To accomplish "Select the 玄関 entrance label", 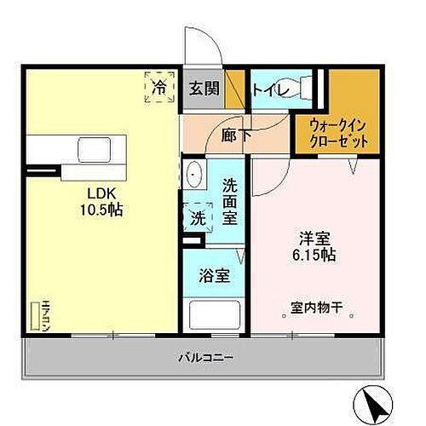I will pos(203,88).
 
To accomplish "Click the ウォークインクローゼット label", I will pos(340,131).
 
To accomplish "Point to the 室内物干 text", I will pos(315,308).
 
